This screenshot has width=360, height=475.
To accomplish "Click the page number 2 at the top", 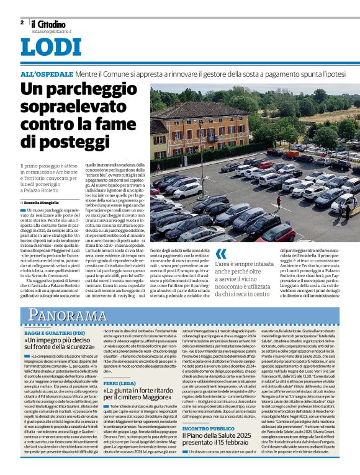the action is click(22, 22).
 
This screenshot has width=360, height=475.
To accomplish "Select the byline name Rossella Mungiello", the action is click(44, 202).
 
